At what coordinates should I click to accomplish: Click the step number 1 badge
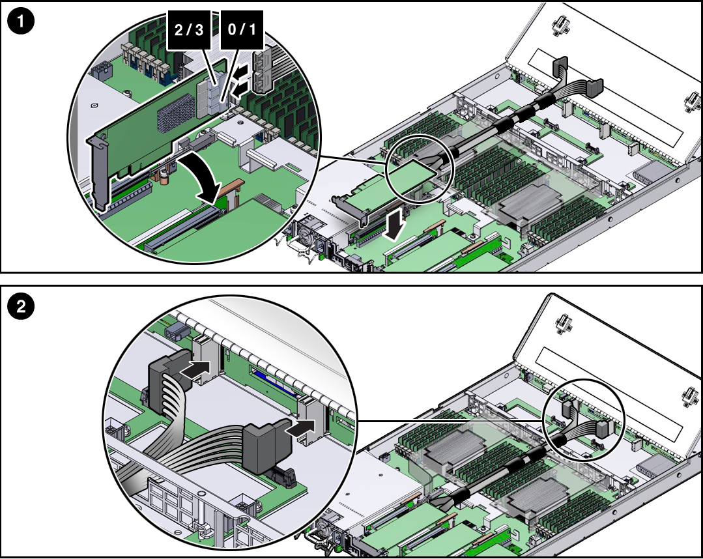pos(22,21)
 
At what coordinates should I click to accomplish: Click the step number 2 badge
pos(22,307)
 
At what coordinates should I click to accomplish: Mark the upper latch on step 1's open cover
pos(559,25)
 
